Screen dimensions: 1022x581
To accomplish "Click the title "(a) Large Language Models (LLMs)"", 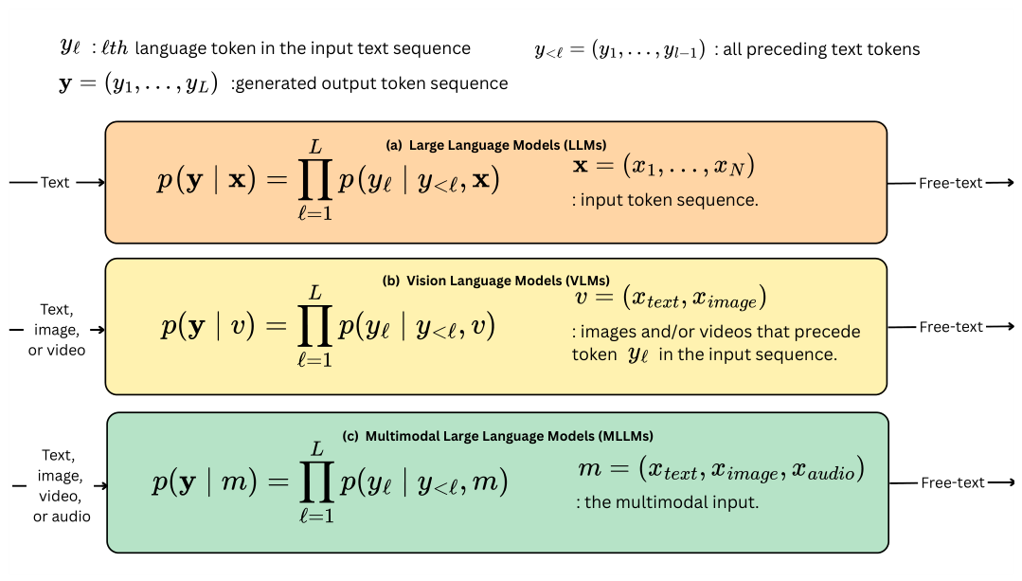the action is point(496,145).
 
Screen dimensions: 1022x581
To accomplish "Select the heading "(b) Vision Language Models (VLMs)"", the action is point(496,281).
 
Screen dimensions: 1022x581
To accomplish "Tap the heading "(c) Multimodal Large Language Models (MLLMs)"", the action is point(498,436).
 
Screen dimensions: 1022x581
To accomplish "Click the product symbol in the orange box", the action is point(315,179).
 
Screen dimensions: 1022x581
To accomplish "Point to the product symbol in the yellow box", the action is point(315,325).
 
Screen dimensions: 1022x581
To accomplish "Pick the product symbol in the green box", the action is point(317,481).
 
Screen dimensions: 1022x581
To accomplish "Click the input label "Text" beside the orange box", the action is point(55,183).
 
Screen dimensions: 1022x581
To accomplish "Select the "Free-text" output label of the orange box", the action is point(950,183).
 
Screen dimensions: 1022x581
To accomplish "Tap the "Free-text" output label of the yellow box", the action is point(951,327).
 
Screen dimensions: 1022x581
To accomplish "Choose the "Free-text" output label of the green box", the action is point(952,482).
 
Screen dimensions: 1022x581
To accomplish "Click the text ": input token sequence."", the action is point(665,200).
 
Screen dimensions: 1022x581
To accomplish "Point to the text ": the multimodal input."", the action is point(668,502).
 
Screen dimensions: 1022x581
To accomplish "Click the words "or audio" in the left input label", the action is point(62,517).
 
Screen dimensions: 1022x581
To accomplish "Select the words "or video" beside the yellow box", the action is point(57,350).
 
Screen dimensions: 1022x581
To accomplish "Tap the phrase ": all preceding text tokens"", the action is point(817,49).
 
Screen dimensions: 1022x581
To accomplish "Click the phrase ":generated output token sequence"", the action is point(368,83).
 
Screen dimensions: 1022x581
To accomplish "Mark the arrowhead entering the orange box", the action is point(100,183).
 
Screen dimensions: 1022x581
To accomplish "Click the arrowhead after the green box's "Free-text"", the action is point(1010,482).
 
